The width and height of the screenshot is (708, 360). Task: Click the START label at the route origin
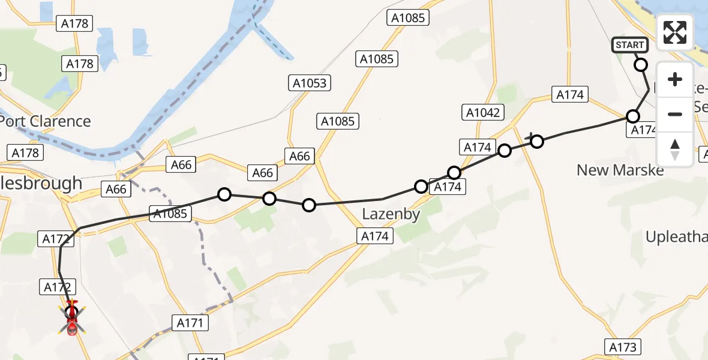[x=629, y=45]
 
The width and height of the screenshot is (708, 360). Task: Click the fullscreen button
[x=675, y=32]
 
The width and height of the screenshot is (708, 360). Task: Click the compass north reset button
[x=675, y=149]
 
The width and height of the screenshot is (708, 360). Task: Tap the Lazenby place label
[x=391, y=214]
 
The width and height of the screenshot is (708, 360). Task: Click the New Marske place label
[x=620, y=170]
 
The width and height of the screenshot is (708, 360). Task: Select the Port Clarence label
[x=46, y=121]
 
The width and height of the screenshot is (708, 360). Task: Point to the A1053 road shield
[x=310, y=83]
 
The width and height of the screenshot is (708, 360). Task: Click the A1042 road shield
[x=483, y=112]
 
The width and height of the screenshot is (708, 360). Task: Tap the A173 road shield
[x=622, y=347]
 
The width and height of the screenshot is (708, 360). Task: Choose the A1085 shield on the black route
[x=170, y=213]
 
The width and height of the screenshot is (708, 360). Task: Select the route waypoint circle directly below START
[x=641, y=65]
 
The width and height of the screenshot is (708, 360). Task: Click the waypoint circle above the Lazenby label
[x=421, y=187]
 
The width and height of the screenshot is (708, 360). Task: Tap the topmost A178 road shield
[x=75, y=24]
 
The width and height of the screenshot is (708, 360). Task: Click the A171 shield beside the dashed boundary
[x=191, y=323]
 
